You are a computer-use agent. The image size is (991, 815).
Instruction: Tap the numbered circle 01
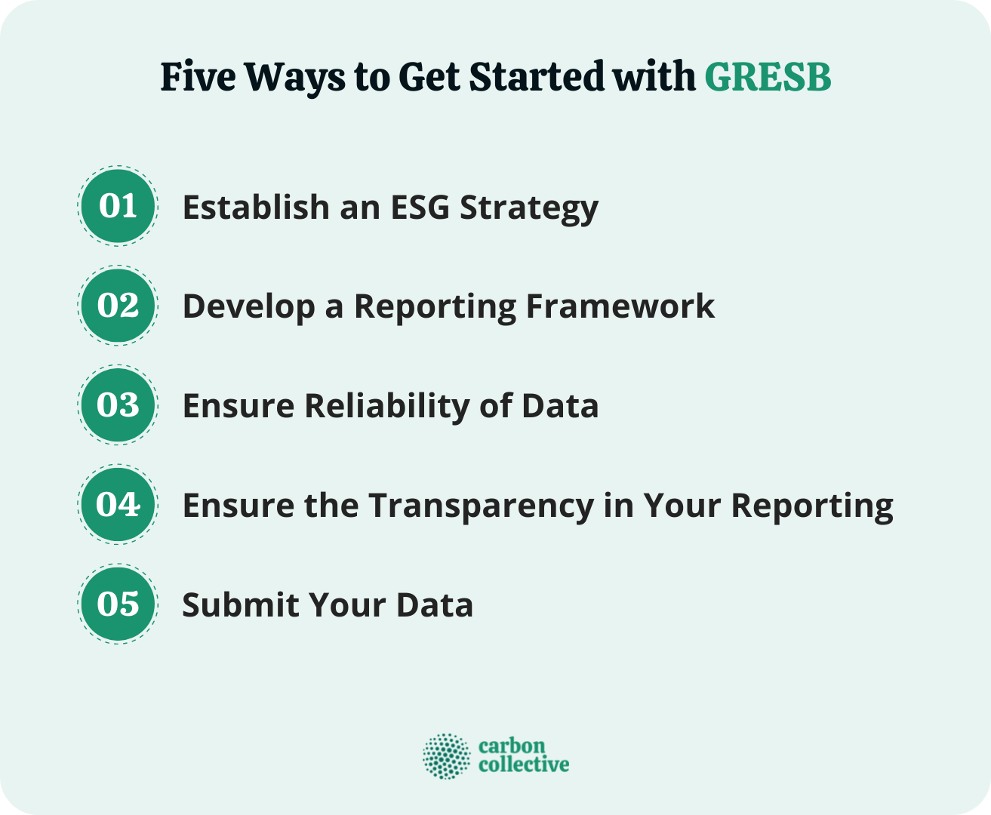tap(118, 206)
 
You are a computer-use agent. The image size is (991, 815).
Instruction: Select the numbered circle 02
tap(118, 306)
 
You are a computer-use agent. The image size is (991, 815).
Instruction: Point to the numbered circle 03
tap(118, 405)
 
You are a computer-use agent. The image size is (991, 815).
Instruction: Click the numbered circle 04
tap(118, 504)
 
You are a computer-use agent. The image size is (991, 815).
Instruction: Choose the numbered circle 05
tap(118, 604)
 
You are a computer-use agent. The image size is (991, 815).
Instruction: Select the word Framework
tap(620, 306)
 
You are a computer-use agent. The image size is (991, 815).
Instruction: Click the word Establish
tap(255, 207)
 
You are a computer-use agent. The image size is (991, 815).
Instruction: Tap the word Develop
tap(248, 307)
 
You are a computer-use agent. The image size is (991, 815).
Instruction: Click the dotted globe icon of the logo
tap(446, 755)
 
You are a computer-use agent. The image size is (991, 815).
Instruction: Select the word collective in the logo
tap(524, 764)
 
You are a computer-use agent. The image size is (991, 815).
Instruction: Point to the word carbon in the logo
tap(511, 746)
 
